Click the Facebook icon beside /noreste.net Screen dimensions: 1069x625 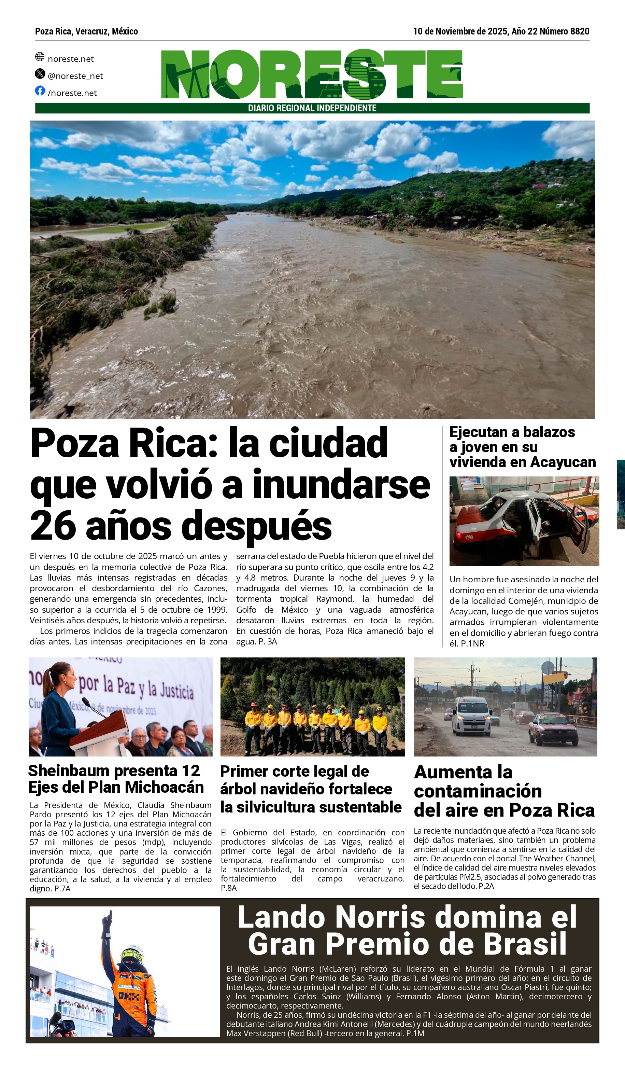click(x=40, y=91)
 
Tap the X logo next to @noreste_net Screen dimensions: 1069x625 click(x=40, y=73)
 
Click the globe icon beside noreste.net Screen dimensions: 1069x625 click(x=40, y=56)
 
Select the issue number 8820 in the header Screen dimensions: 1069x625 click(x=580, y=31)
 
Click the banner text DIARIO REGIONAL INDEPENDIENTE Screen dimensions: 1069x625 click(x=312, y=108)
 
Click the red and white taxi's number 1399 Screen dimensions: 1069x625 click(x=469, y=538)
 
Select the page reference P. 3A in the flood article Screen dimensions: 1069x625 click(x=268, y=641)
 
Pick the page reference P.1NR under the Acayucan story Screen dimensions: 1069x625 click(x=472, y=643)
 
